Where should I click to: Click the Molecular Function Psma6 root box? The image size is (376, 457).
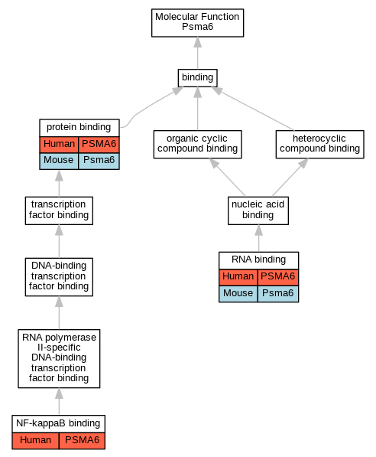click(198, 23)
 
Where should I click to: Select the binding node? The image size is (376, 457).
click(198, 78)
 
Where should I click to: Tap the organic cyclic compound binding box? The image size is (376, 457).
click(198, 144)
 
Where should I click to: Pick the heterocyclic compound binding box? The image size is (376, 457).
click(320, 144)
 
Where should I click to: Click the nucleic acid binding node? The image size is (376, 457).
click(258, 211)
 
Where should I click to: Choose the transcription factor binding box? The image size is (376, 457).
click(59, 211)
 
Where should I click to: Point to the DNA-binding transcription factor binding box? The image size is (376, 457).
click(59, 277)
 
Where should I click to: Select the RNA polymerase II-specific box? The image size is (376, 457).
click(59, 358)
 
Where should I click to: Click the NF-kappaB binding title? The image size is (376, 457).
click(59, 423)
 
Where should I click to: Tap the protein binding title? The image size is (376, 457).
click(79, 128)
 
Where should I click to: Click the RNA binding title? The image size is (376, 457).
click(259, 260)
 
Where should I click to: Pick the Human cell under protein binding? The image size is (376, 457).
click(59, 144)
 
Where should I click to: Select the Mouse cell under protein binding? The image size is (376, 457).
click(59, 161)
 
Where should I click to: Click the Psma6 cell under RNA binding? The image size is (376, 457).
click(278, 293)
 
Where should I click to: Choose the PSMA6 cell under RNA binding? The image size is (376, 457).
click(278, 277)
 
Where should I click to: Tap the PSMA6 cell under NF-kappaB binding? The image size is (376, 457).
click(82, 440)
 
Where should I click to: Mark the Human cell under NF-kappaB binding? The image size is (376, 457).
click(35, 440)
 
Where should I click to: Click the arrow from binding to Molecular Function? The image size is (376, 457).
click(198, 53)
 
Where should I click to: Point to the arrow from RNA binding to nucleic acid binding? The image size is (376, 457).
click(259, 238)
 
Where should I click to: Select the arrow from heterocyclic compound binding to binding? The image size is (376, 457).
click(253, 109)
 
